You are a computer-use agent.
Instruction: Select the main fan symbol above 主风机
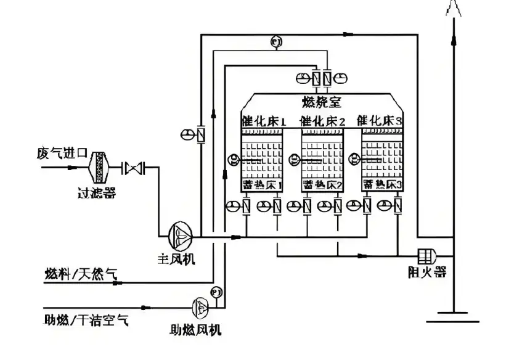click(x=181, y=233)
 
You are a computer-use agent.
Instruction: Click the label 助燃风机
click(x=196, y=330)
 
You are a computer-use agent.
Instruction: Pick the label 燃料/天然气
click(x=81, y=274)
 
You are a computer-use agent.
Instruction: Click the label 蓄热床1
click(x=262, y=184)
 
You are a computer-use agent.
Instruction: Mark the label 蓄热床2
click(x=322, y=184)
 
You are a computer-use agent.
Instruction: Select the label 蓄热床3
click(x=382, y=184)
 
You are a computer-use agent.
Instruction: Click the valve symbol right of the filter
click(x=133, y=167)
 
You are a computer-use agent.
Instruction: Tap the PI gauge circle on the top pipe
click(x=275, y=42)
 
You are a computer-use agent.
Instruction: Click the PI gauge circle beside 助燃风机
click(x=216, y=290)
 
